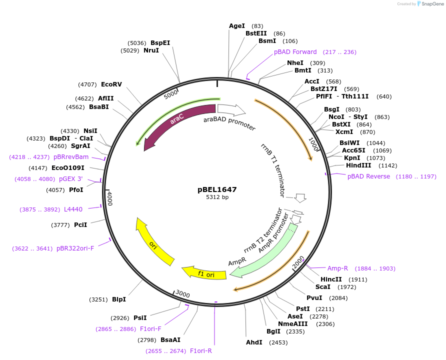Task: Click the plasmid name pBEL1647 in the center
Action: coord(217,189)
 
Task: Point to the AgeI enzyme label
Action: coord(237,26)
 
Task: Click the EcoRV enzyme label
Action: coord(111,84)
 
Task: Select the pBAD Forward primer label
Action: coord(295,52)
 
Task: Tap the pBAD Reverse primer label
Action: coord(368,176)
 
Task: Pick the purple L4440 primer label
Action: coord(73,209)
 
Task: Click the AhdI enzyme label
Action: coord(254,342)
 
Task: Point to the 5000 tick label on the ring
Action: coord(171,93)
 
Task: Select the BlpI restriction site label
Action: coord(119,299)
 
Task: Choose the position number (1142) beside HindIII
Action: coord(388,165)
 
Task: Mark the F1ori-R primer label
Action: coord(201,351)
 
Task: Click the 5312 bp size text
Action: coord(217,197)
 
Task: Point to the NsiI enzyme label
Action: coord(90,131)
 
